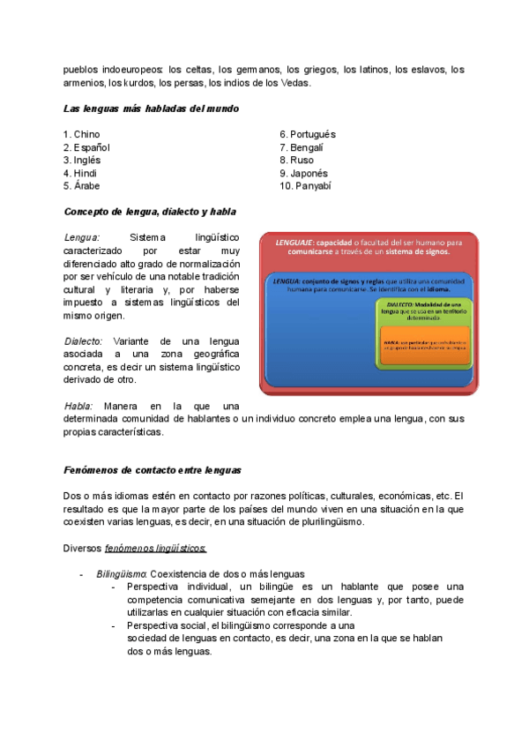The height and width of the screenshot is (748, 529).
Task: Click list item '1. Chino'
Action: click(x=82, y=134)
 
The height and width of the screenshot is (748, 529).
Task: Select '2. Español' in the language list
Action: click(x=86, y=147)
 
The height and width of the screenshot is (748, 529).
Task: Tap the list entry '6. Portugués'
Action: click(x=308, y=134)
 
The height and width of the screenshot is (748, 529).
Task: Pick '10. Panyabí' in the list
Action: click(x=305, y=187)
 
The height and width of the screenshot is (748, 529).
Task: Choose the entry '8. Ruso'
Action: click(x=296, y=161)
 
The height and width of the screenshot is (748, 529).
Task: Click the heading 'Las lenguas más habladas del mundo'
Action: click(x=151, y=108)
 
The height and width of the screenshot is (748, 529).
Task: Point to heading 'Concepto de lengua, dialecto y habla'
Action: click(x=150, y=213)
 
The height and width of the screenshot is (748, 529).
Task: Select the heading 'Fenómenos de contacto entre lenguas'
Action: click(x=153, y=469)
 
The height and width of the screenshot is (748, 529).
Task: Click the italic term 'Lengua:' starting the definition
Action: click(x=82, y=238)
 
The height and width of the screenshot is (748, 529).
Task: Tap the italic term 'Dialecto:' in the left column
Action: click(x=84, y=341)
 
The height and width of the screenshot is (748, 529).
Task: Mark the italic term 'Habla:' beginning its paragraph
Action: click(x=78, y=406)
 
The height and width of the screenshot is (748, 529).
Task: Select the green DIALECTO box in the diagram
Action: click(x=423, y=309)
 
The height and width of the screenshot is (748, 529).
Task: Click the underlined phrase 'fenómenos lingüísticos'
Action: click(x=155, y=548)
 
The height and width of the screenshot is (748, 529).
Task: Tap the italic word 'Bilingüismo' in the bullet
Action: click(x=122, y=574)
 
